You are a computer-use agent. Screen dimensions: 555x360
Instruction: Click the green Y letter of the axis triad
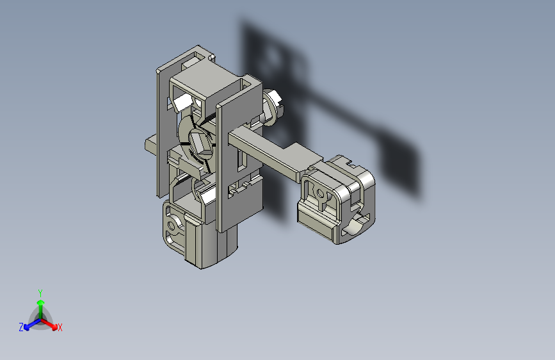point(40,293)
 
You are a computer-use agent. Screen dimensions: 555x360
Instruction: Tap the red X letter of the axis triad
point(60,327)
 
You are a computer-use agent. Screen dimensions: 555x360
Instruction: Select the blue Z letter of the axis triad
point(21,327)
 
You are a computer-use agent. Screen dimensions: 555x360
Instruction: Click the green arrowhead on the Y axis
point(41,302)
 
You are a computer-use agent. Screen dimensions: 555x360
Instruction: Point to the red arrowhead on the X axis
point(54,327)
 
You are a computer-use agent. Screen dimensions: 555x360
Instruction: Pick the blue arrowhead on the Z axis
point(26,327)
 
